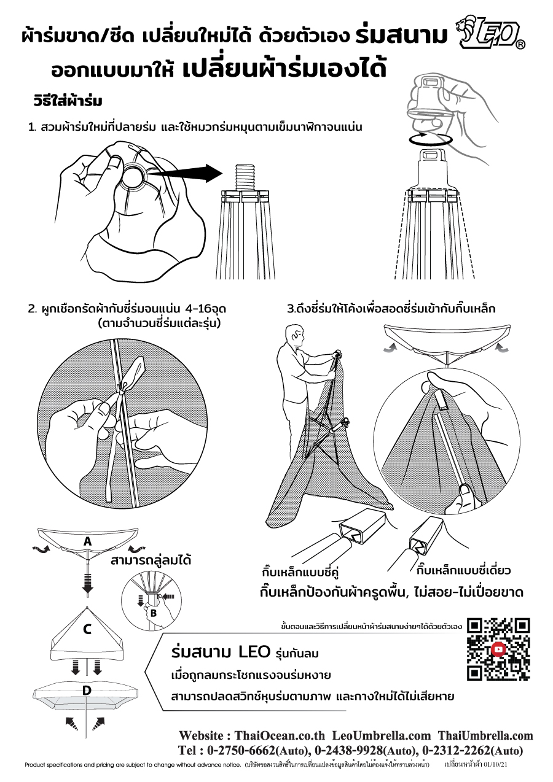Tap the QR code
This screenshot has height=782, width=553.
(x=498, y=649)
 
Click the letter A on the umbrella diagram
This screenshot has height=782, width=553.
(x=88, y=541)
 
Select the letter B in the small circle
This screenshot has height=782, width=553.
(x=153, y=613)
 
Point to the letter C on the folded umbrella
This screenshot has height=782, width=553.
(x=87, y=629)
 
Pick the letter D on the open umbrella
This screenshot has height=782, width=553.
(x=87, y=690)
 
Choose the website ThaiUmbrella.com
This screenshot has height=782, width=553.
(x=485, y=735)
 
